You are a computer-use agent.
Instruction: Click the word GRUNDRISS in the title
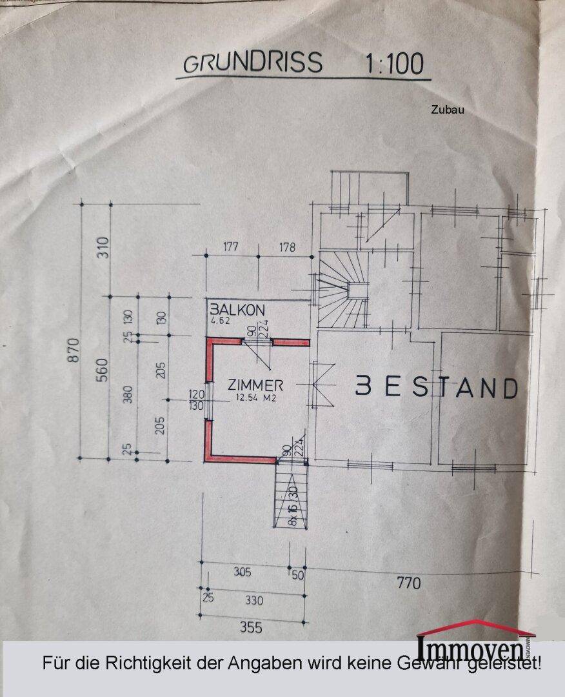pyautogui.click(x=252, y=63)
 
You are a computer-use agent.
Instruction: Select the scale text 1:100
pyautogui.click(x=395, y=64)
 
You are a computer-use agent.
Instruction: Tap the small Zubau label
pyautogui.click(x=447, y=110)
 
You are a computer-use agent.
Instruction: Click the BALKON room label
pyautogui.click(x=237, y=310)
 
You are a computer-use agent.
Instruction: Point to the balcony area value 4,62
pyautogui.click(x=221, y=319)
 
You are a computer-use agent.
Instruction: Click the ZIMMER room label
pyautogui.click(x=255, y=385)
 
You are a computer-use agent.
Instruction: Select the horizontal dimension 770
pyautogui.click(x=408, y=583)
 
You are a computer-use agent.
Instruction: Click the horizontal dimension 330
pyautogui.click(x=254, y=600)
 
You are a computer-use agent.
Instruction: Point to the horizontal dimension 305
pyautogui.click(x=242, y=572)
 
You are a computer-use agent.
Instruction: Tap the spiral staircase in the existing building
pyautogui.click(x=343, y=290)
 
